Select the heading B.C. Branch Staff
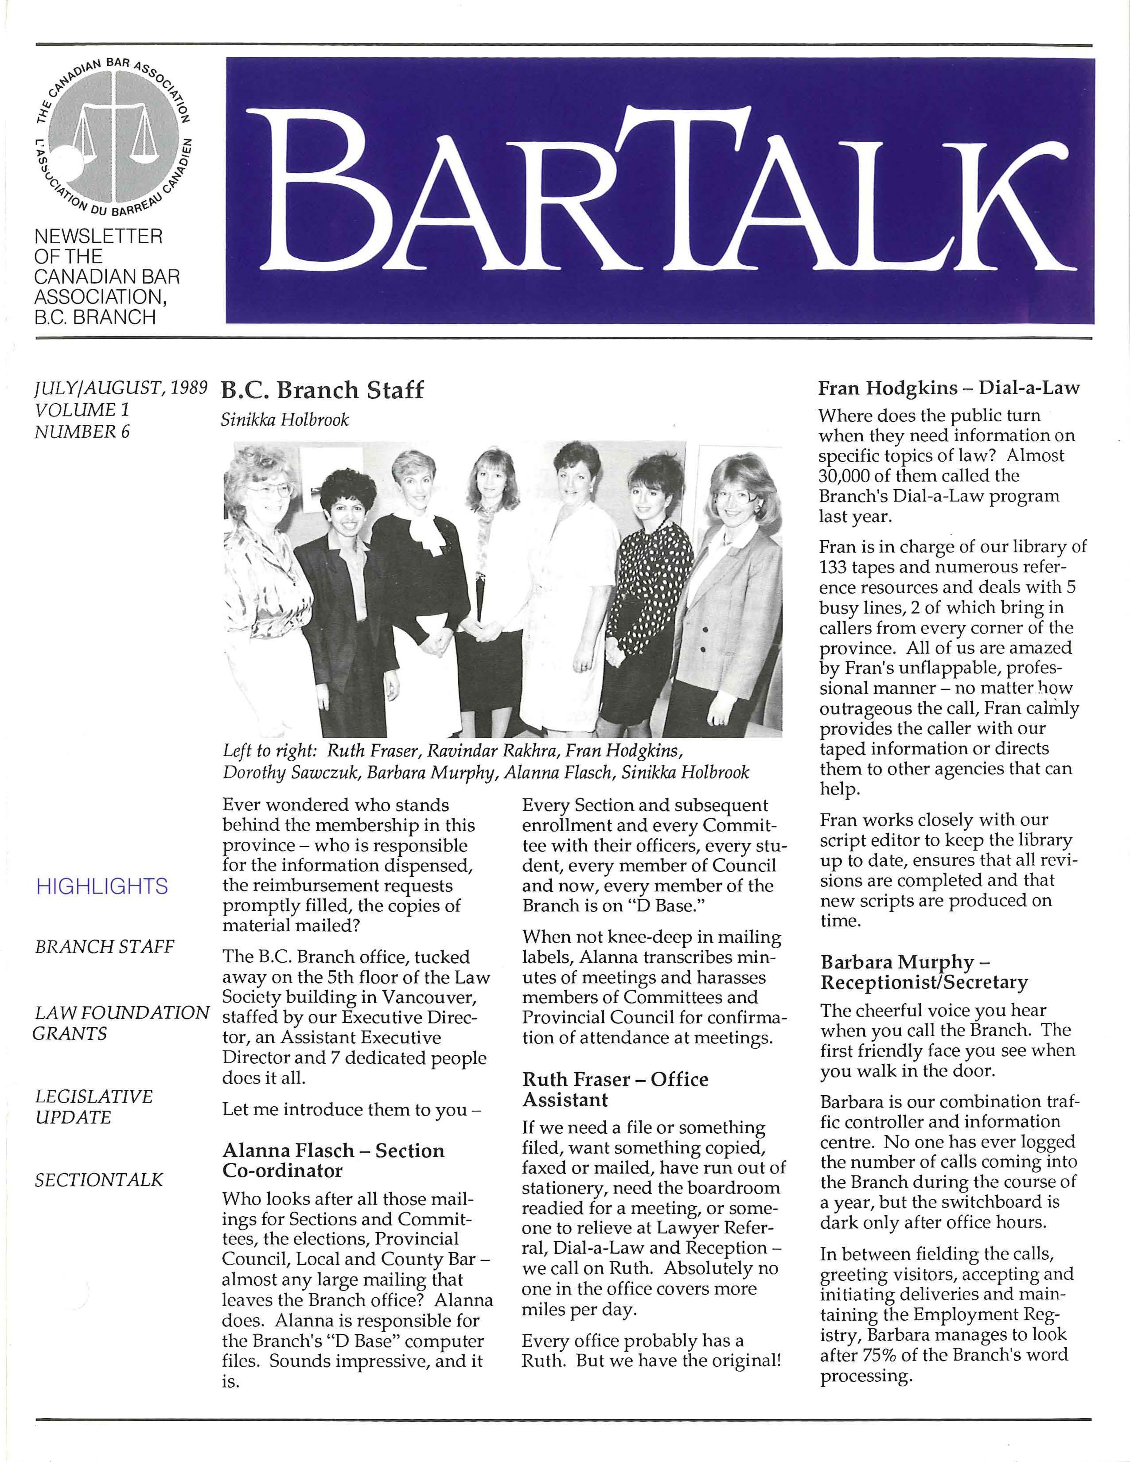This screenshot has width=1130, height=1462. (323, 390)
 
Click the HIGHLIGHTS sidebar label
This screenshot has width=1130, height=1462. (102, 887)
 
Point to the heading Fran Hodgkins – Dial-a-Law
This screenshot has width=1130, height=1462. (949, 388)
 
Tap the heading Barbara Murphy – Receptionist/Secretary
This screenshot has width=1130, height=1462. (924, 972)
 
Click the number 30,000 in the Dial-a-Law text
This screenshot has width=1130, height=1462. (847, 476)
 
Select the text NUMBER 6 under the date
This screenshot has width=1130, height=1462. (82, 432)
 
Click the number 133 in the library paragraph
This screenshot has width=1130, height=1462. (834, 568)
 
